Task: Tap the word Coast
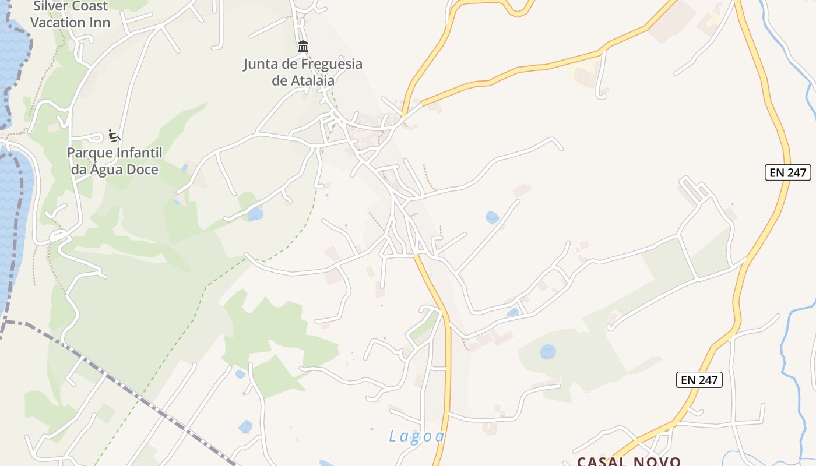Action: pyautogui.click(x=91, y=6)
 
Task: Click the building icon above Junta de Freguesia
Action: pyautogui.click(x=303, y=46)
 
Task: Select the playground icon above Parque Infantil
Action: pyautogui.click(x=114, y=136)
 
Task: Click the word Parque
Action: pyautogui.click(x=90, y=153)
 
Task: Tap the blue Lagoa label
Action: pyautogui.click(x=417, y=436)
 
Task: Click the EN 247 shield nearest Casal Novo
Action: pyautogui.click(x=699, y=380)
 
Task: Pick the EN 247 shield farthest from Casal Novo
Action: pyautogui.click(x=787, y=172)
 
